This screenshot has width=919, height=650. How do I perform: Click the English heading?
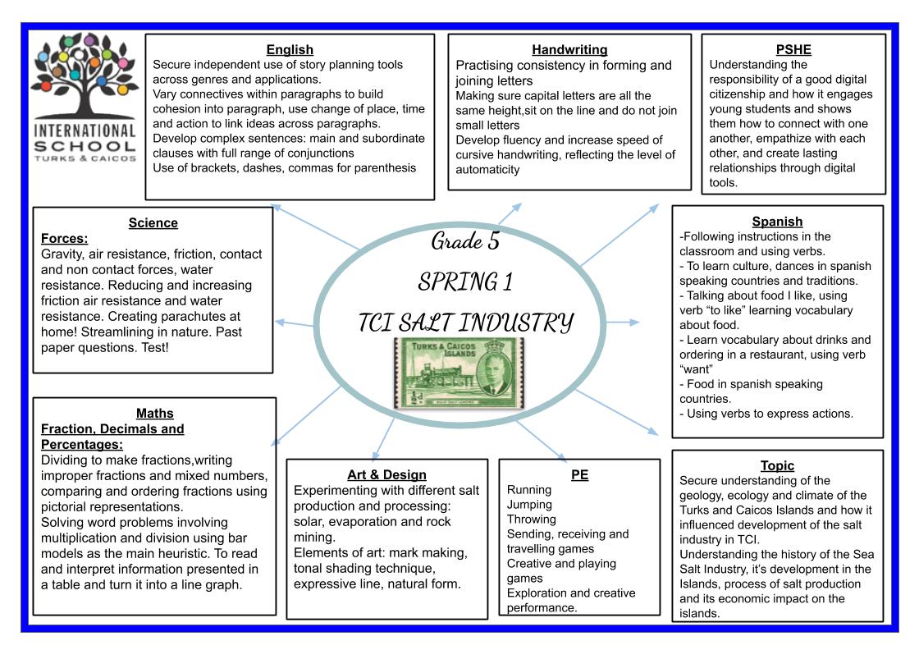pos(290,50)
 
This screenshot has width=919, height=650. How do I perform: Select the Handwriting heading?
pos(569,50)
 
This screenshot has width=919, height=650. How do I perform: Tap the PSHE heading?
pos(793,50)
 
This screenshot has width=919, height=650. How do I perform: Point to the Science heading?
pos(153,222)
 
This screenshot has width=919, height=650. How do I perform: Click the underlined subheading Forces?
pos(65,239)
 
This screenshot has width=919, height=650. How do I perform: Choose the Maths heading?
pos(155,413)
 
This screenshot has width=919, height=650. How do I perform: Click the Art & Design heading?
pos(386,474)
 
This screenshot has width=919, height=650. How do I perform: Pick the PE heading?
pos(579,474)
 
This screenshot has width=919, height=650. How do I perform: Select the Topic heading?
pos(777,465)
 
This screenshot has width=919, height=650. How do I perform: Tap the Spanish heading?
pos(777,222)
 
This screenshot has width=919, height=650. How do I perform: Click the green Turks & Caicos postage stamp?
pos(459,373)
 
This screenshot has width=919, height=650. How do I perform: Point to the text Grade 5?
pos(465,240)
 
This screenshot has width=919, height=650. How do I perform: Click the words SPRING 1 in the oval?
pos(465,282)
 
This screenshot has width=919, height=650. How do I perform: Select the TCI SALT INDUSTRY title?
pos(465,323)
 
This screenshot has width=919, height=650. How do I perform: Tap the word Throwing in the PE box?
pos(531,520)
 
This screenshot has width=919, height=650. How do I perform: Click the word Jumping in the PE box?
pos(529,505)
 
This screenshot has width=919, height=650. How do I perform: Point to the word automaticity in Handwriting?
pos(487,169)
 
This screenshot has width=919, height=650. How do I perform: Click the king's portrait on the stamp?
pos(497,373)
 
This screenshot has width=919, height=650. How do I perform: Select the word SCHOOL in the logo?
pos(85,146)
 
